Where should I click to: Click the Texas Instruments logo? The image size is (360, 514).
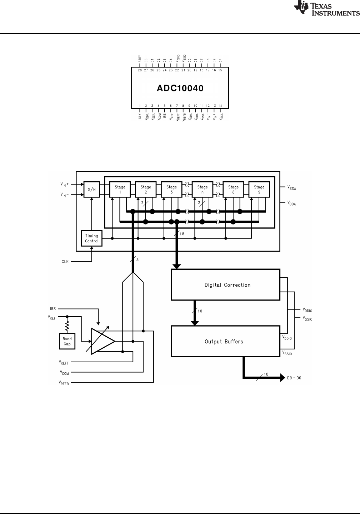click(x=327, y=8)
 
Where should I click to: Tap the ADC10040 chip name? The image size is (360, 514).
click(x=180, y=89)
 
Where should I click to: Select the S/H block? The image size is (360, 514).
click(x=91, y=189)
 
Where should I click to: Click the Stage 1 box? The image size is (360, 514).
click(x=120, y=190)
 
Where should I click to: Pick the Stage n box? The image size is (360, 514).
click(x=202, y=190)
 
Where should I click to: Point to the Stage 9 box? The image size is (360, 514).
click(x=259, y=190)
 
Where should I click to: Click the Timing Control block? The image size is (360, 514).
click(x=91, y=238)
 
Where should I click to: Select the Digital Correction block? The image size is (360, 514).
click(x=226, y=285)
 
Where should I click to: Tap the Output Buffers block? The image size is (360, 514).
click(x=226, y=341)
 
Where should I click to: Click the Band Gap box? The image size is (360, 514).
click(x=67, y=341)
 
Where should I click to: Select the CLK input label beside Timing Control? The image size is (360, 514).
click(x=65, y=262)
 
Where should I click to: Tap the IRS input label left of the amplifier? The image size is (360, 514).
click(x=53, y=309)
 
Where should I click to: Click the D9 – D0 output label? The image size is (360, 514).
click(x=294, y=378)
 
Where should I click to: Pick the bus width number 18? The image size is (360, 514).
click(x=182, y=234)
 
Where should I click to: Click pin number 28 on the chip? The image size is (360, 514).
click(x=140, y=70)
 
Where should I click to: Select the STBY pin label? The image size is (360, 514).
click(x=140, y=59)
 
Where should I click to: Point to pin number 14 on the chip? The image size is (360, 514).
click(x=220, y=106)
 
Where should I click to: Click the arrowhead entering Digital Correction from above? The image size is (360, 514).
click(x=176, y=267)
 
